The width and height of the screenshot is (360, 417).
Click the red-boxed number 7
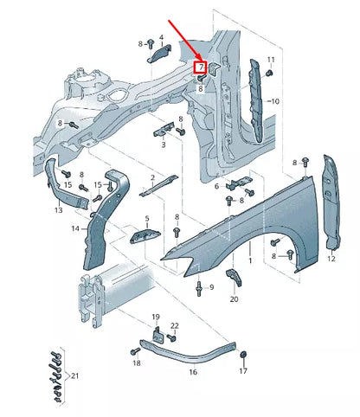[201, 66]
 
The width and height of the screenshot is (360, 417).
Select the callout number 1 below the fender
[251, 260]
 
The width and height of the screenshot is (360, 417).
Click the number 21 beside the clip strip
[75, 376]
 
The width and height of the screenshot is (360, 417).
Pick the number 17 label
[243, 371]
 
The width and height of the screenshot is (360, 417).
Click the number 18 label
[136, 364]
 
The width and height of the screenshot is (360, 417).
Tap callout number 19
[157, 318]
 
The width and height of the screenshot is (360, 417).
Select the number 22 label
[174, 325]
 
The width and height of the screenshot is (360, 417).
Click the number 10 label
[274, 101]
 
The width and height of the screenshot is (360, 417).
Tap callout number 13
[58, 210]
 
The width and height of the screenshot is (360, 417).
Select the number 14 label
[75, 228]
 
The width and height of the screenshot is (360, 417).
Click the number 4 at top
[161, 38]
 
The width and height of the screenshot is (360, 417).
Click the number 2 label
[152, 177]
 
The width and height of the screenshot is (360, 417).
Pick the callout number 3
[162, 145]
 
